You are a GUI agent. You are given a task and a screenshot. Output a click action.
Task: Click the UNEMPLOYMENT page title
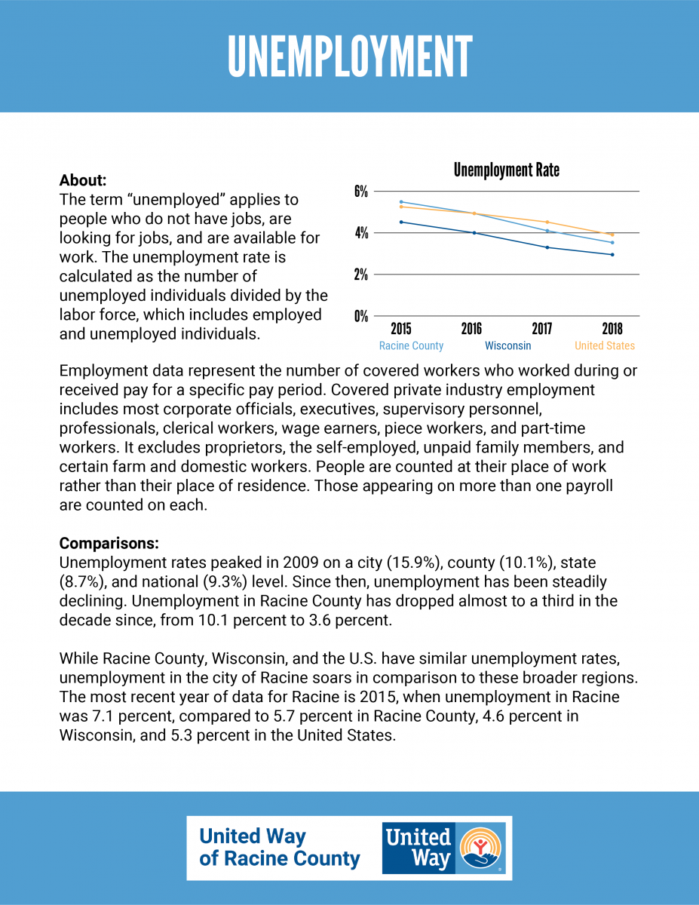pyautogui.click(x=350, y=57)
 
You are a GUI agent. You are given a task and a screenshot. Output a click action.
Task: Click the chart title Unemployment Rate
pyautogui.click(x=506, y=170)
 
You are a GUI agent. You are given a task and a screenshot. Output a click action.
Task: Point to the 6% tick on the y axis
pyautogui.click(x=361, y=192)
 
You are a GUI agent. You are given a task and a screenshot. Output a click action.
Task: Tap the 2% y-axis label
pyautogui.click(x=361, y=275)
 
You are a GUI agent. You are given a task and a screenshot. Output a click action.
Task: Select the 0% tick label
pyautogui.click(x=361, y=317)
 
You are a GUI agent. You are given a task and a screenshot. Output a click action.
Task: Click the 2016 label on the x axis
pyautogui.click(x=471, y=329)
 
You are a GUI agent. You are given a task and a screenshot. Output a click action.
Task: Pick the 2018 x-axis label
pyautogui.click(x=612, y=329)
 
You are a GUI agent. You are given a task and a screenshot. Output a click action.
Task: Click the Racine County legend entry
pyautogui.click(x=411, y=345)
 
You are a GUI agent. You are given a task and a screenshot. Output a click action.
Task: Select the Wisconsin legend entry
pyautogui.click(x=508, y=345)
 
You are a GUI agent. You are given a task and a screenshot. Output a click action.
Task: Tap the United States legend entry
pyautogui.click(x=605, y=345)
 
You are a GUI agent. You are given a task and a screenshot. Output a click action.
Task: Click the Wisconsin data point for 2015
pyautogui.click(x=401, y=222)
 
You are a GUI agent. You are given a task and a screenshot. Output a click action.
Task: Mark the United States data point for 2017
pyautogui.click(x=547, y=222)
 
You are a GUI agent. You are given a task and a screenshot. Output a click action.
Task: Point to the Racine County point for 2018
pyautogui.click(x=612, y=242)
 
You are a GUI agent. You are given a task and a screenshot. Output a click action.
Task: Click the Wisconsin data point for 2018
pyautogui.click(x=612, y=254)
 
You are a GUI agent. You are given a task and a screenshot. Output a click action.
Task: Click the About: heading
pyautogui.click(x=83, y=180)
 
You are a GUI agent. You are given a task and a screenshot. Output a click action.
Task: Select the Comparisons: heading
pyautogui.click(x=109, y=543)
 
